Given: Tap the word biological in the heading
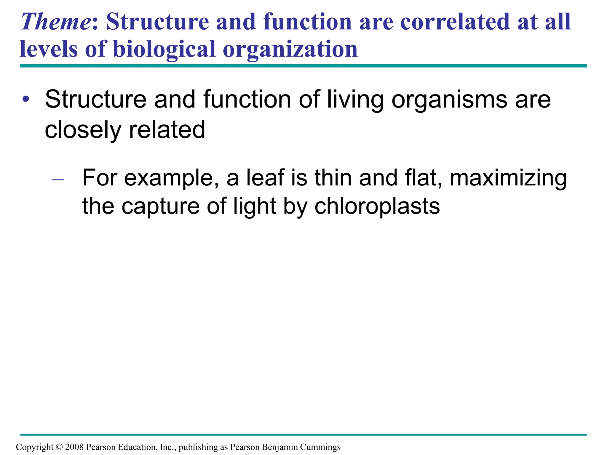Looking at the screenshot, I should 164,49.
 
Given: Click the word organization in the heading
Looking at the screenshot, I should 290,49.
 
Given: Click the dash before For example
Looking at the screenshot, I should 58,180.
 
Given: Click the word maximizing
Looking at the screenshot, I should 508,178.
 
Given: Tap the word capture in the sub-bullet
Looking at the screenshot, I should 161,206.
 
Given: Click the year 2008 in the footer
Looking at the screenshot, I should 74,447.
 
